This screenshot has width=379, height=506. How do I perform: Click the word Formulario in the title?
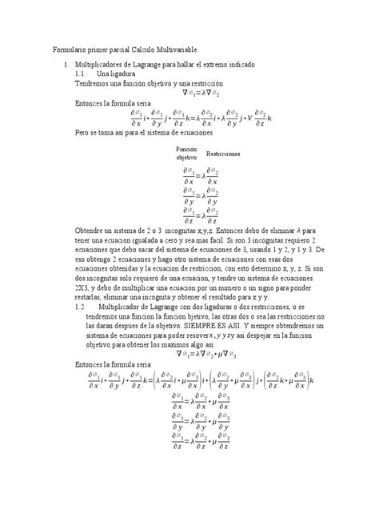click(70, 49)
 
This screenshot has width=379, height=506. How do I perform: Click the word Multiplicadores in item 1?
click(101, 63)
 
